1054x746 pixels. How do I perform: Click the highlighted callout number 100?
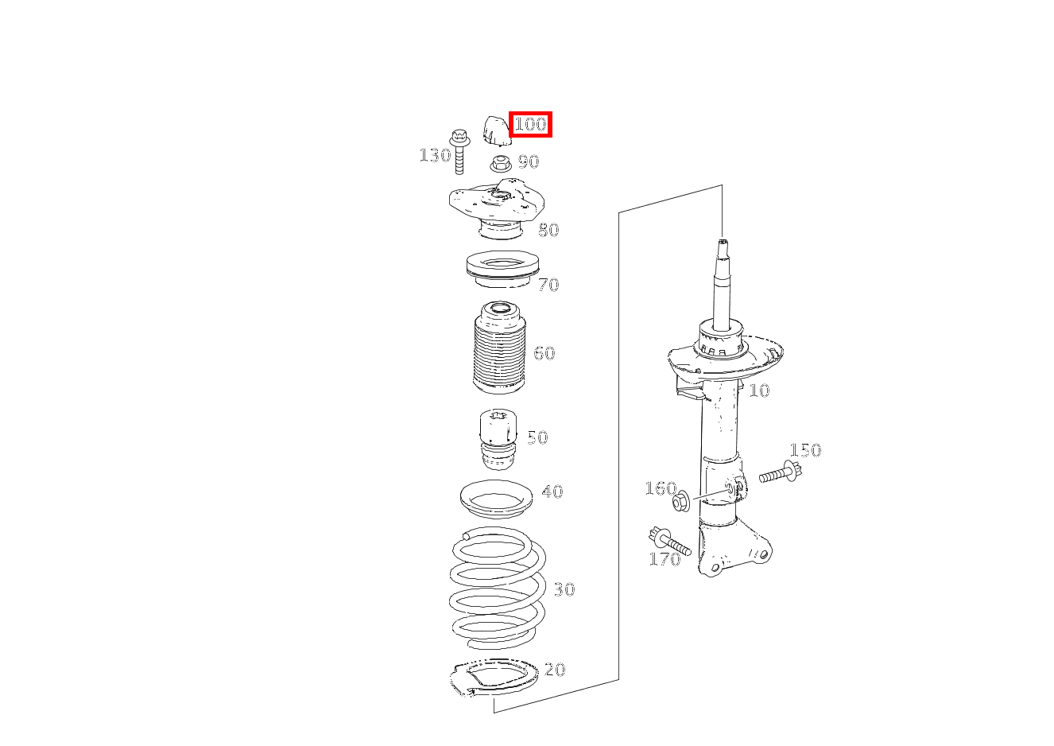click(530, 125)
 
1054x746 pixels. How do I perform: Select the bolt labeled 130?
click(459, 151)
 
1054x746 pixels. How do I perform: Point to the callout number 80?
click(548, 230)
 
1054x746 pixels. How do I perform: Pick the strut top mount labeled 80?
click(498, 208)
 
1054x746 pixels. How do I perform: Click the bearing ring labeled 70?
click(502, 270)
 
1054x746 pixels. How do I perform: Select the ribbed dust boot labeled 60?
click(499, 348)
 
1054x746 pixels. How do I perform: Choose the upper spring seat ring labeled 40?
click(497, 499)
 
